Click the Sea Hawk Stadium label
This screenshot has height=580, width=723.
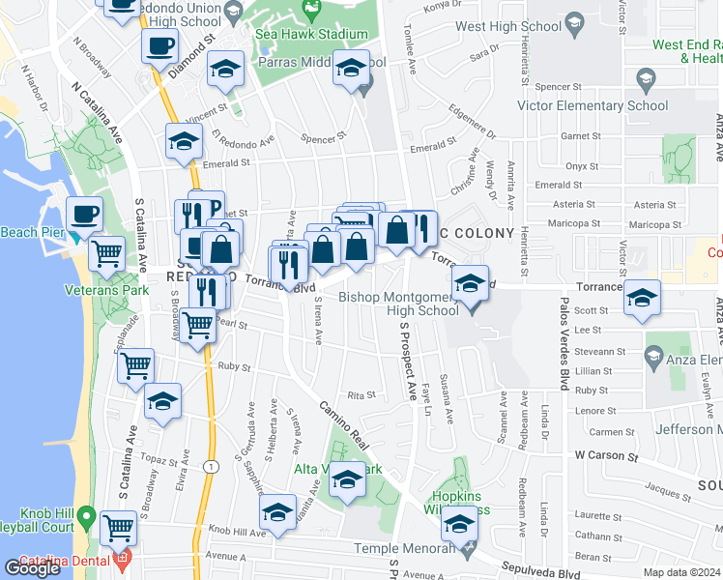click(311, 34)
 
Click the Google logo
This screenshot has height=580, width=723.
click(32, 568)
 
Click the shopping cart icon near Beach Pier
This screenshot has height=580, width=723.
click(107, 254)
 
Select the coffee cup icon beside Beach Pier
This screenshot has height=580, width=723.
click(84, 213)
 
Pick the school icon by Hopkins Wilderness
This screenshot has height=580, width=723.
click(460, 525)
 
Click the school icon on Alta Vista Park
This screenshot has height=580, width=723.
click(347, 479)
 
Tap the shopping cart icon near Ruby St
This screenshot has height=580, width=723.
click(137, 365)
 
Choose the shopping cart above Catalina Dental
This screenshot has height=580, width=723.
click(119, 528)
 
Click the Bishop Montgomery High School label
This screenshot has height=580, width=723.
click(398, 304)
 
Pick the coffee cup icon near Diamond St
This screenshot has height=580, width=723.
click(159, 44)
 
